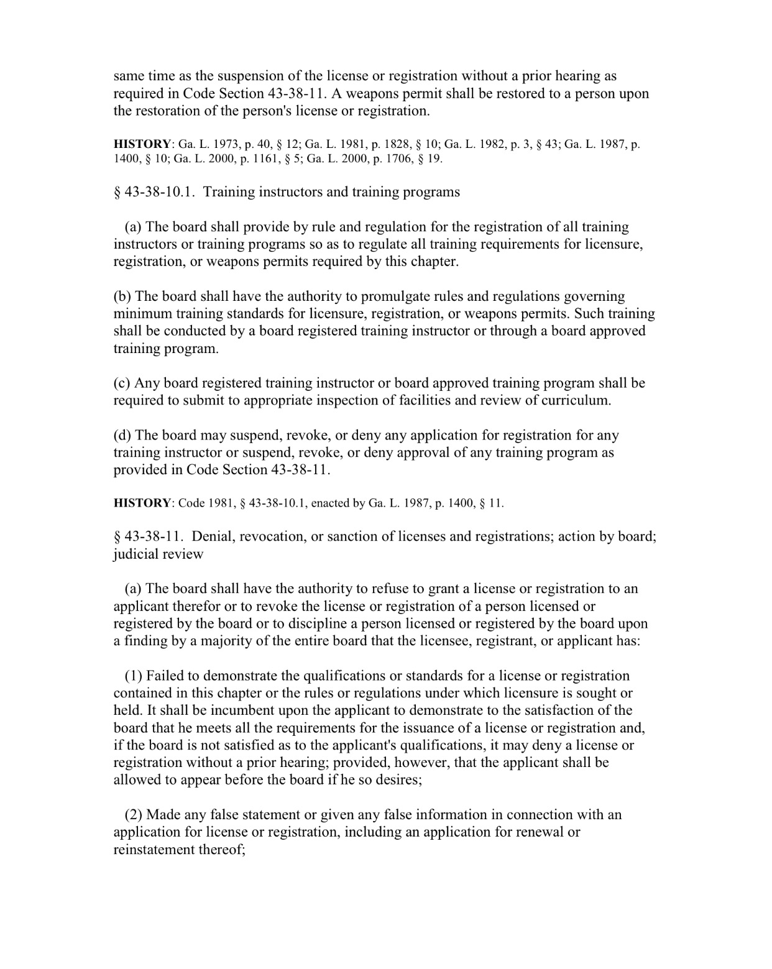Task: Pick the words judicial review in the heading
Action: click(158, 554)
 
